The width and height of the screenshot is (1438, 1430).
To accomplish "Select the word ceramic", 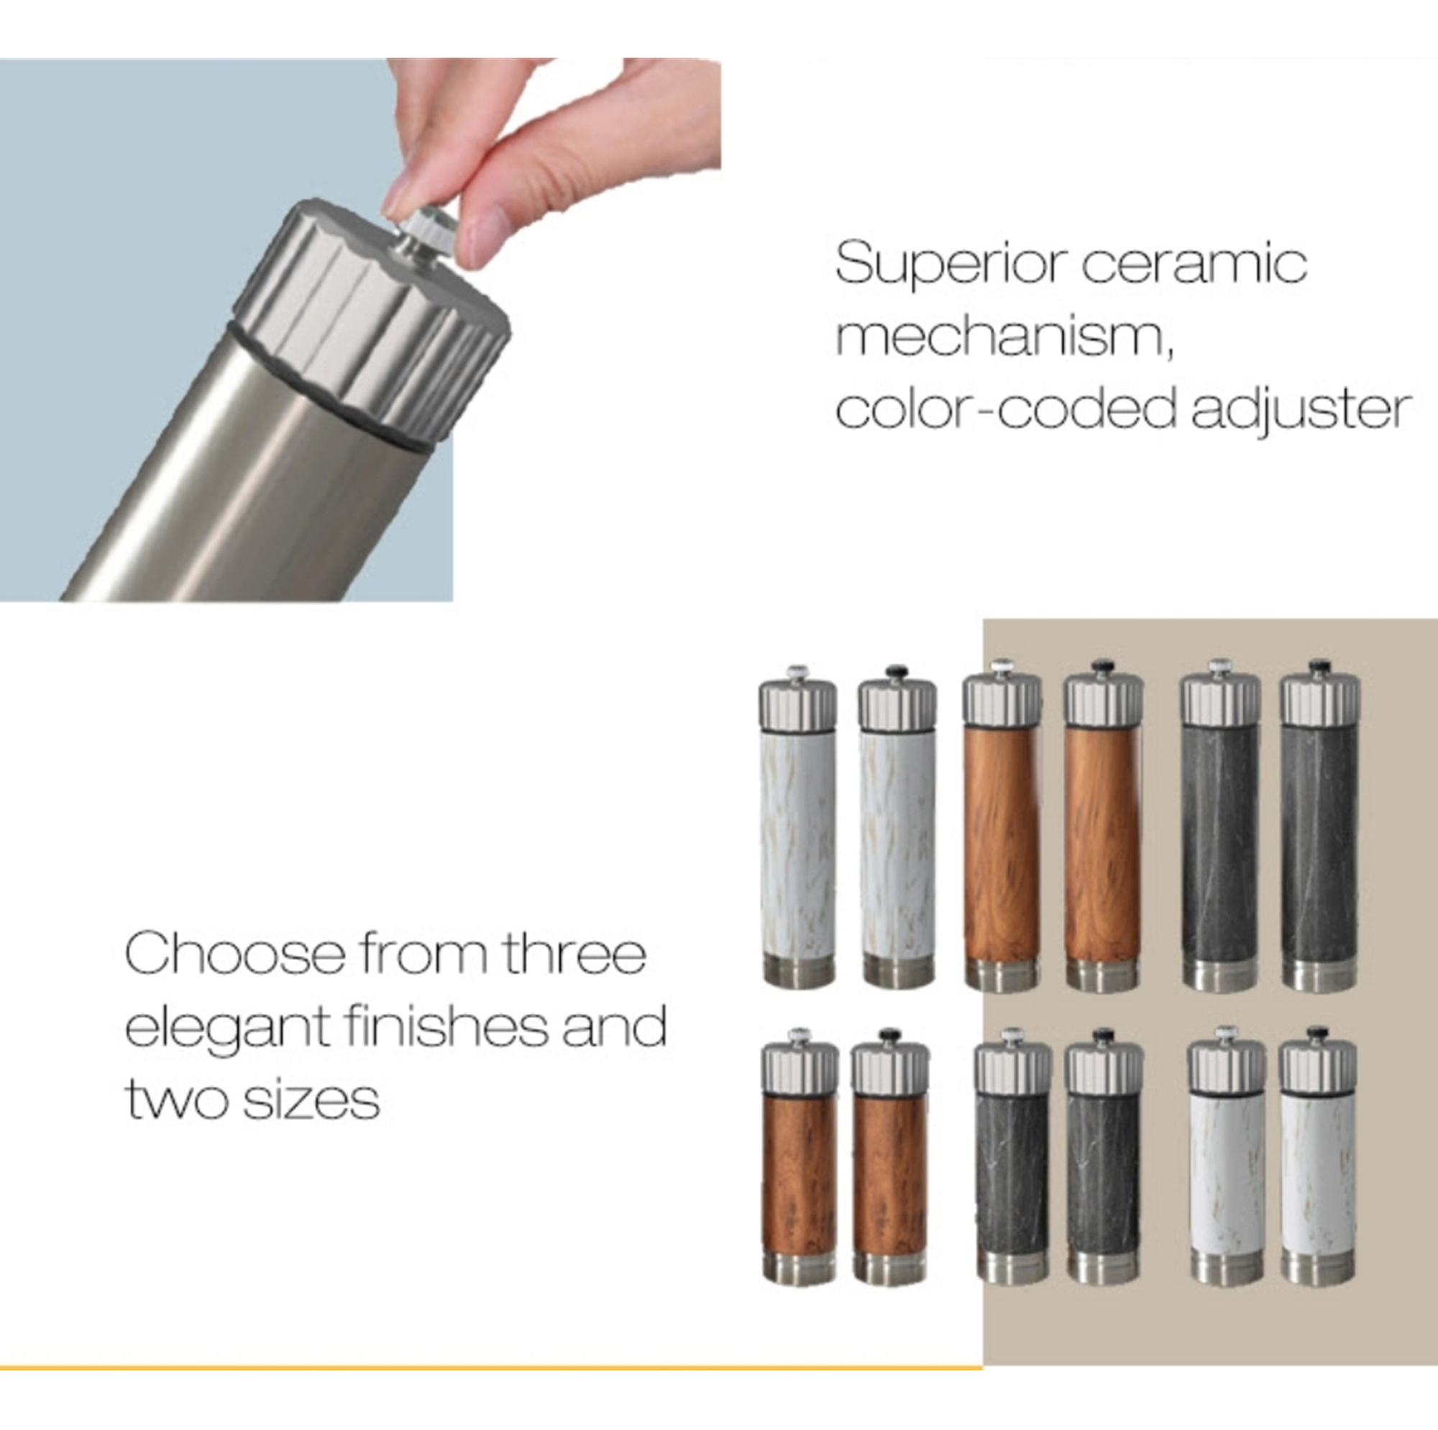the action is [x=1194, y=264].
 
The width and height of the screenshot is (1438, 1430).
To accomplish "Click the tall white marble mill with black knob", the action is [x=896, y=826].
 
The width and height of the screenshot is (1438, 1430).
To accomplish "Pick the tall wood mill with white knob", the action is [x=1002, y=826].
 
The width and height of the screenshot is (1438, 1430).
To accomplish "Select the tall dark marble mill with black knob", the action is [x=1319, y=826].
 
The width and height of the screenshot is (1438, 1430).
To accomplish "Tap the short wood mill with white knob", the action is [x=800, y=1156].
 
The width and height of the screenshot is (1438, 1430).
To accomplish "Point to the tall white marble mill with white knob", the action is [x=797, y=826].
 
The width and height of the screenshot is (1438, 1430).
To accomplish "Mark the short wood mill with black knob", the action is [x=890, y=1156].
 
